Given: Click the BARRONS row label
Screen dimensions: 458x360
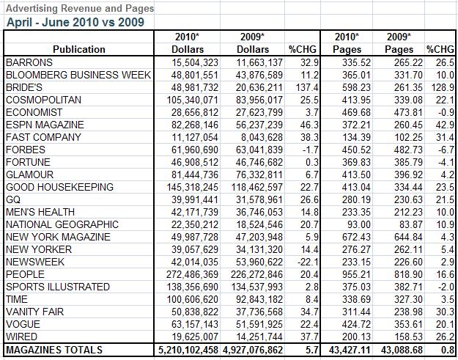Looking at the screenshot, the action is (29, 62).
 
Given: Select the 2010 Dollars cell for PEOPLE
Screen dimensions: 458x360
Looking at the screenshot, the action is (192, 275).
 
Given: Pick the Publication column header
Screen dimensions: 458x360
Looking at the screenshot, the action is (79, 49).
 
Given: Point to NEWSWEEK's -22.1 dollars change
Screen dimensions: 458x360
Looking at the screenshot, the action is (308, 262).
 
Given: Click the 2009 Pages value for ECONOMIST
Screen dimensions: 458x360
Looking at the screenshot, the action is (408, 112).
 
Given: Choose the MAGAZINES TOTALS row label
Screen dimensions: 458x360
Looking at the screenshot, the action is (54, 350).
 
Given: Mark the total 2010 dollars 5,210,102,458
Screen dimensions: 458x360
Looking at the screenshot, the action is (188, 350).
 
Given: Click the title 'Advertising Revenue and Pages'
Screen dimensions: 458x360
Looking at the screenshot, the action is (80, 9).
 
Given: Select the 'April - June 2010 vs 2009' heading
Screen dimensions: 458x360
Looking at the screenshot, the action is (75, 22).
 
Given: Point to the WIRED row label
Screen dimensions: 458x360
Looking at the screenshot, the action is (21, 337).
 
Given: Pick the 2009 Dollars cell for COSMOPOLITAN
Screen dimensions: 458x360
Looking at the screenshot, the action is (259, 100).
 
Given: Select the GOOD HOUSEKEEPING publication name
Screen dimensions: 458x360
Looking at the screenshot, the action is (59, 187).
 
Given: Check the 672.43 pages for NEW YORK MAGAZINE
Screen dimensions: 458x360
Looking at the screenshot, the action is (356, 238).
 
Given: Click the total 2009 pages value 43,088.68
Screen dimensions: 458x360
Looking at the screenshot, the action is (402, 350).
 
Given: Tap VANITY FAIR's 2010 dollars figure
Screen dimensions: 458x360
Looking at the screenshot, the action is (195, 312).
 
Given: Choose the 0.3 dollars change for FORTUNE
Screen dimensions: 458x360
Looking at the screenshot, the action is (312, 163).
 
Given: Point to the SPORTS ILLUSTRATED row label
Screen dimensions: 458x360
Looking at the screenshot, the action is (58, 287).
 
